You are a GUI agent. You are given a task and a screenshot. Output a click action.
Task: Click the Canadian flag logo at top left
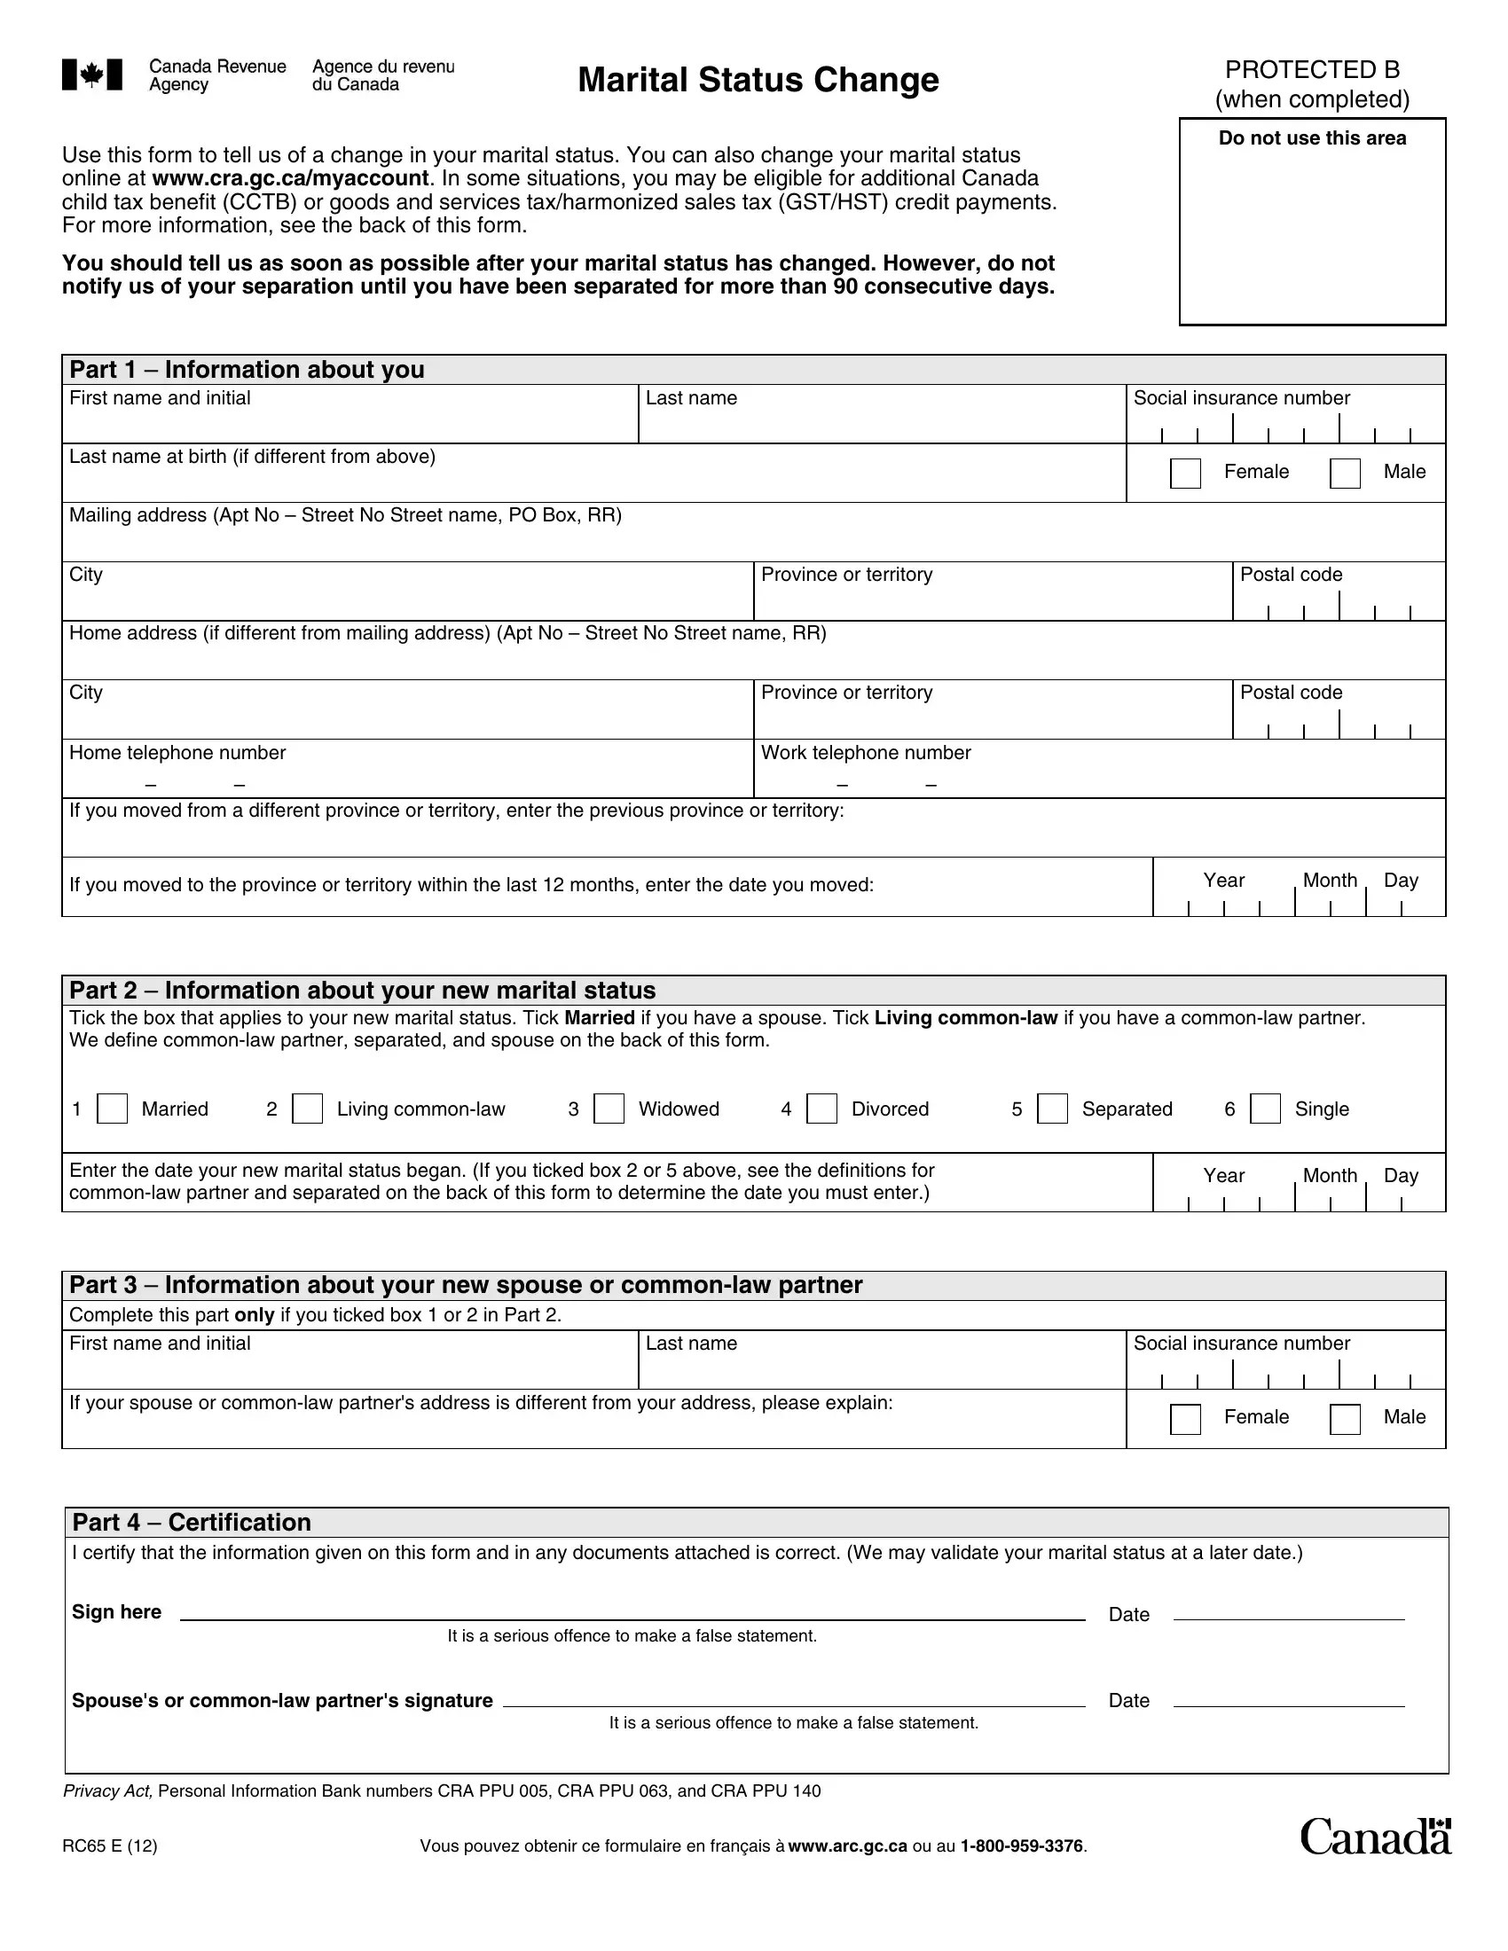click(x=92, y=75)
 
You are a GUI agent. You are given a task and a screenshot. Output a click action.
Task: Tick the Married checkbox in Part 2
click(x=112, y=1109)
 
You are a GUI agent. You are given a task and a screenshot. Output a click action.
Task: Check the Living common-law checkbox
click(x=307, y=1109)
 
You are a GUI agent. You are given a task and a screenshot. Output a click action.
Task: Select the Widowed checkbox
click(x=609, y=1109)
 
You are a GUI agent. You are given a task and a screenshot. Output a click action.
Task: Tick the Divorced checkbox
click(x=822, y=1109)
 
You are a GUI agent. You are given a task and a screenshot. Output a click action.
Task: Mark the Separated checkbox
click(x=1052, y=1109)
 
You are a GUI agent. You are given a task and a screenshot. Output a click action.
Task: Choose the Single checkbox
click(x=1265, y=1109)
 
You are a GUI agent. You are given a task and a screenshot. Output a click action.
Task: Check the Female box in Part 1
click(x=1185, y=473)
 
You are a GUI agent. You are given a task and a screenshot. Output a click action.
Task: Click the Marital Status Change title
click(x=758, y=80)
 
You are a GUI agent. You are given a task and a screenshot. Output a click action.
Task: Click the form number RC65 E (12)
click(x=110, y=1846)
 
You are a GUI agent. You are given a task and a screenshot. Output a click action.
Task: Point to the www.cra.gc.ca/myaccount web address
click(x=290, y=178)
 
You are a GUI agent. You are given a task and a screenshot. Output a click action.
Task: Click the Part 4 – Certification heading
click(x=192, y=1522)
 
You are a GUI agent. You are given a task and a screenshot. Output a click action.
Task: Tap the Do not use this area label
click(x=1311, y=138)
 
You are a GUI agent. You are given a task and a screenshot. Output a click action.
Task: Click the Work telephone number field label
click(x=865, y=753)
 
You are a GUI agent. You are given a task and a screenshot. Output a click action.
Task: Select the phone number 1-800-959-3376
click(x=1021, y=1846)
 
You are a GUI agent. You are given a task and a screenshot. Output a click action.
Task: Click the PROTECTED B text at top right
click(x=1311, y=70)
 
